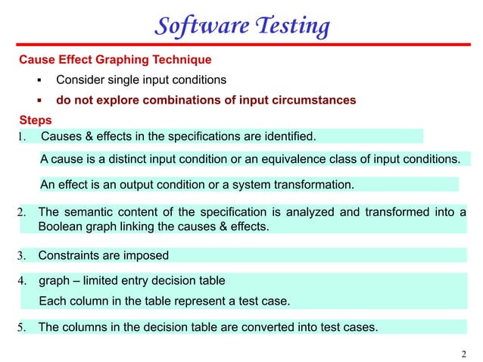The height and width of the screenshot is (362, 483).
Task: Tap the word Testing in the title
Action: pos(291,27)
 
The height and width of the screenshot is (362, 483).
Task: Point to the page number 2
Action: pos(464,354)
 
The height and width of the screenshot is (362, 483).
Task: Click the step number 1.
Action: pos(22,137)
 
